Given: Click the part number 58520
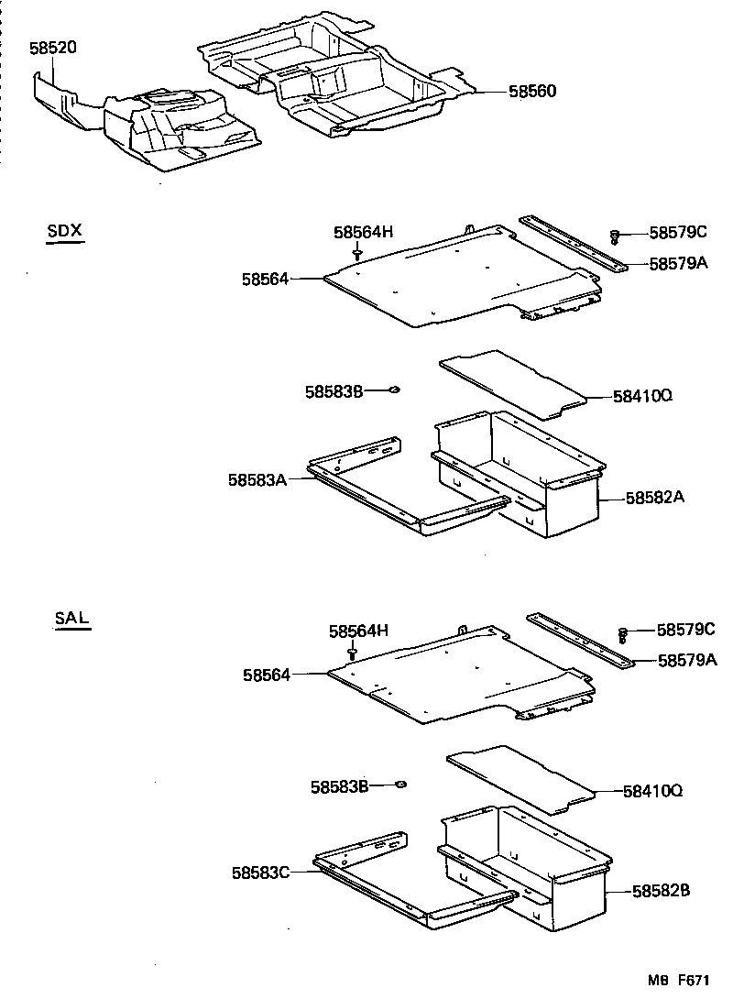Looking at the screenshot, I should pos(53,48).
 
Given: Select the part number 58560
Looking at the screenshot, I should pos(532,92).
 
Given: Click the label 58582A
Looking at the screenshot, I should pos(656,498).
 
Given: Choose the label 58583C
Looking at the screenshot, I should pos(261,872).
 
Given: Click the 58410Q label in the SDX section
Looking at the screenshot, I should pos(643,396).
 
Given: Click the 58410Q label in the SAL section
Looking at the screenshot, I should pos(652,789).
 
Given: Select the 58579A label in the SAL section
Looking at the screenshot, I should pos(686,659).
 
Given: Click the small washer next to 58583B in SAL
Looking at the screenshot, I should pos(399,785).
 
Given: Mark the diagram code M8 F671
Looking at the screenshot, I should pos(683,980).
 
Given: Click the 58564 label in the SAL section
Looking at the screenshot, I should pos(267,675).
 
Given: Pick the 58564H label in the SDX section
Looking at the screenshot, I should pos(363,233).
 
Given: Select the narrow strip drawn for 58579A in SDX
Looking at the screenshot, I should pos(573,244).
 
